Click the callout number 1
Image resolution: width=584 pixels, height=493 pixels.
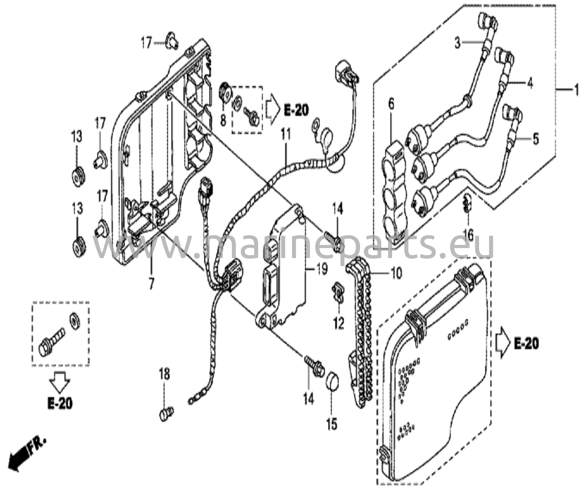pyautogui.click(x=576, y=91)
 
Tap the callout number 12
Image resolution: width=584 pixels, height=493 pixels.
pyautogui.click(x=338, y=323)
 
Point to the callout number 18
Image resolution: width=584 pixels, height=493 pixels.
pyautogui.click(x=165, y=374)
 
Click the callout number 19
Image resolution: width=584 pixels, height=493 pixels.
pyautogui.click(x=321, y=269)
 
